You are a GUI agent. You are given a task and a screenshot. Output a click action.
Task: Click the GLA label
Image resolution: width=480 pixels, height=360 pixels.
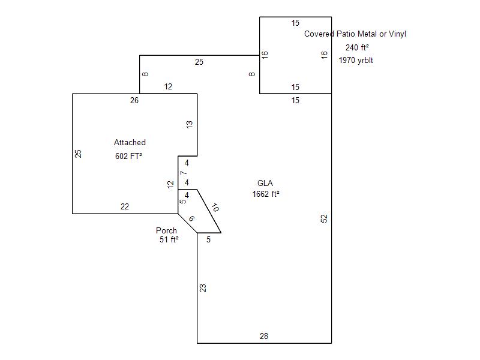pyautogui.click(x=265, y=183)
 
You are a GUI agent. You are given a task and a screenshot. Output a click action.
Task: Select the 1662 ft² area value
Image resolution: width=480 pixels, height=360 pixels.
pyautogui.click(x=266, y=194)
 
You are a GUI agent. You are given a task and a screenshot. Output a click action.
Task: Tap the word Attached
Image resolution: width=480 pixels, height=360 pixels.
pyautogui.click(x=130, y=142)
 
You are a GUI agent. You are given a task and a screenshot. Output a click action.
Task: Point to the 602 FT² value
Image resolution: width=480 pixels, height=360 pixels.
pyautogui.click(x=128, y=156)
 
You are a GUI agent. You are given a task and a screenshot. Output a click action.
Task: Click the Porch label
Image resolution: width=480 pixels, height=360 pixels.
pyautogui.click(x=166, y=230)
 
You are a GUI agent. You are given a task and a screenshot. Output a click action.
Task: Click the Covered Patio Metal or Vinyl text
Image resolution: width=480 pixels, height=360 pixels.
pyautogui.click(x=355, y=34)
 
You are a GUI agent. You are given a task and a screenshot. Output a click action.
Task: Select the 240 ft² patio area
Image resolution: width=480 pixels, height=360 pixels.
pyautogui.click(x=356, y=47)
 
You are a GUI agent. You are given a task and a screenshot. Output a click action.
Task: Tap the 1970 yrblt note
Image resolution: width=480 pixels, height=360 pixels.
pyautogui.click(x=356, y=60)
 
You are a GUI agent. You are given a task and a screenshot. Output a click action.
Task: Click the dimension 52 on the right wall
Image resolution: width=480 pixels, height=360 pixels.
pyautogui.click(x=325, y=218)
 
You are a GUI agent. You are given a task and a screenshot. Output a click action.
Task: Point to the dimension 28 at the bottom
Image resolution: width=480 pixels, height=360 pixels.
pyautogui.click(x=264, y=336)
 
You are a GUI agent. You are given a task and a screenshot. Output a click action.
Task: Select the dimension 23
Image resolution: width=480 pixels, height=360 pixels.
pyautogui.click(x=203, y=288)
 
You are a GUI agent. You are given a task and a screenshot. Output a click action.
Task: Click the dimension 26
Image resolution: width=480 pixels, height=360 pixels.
pyautogui.click(x=134, y=100)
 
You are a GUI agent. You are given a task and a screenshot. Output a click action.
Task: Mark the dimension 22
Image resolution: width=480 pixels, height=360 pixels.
pyautogui.click(x=124, y=206)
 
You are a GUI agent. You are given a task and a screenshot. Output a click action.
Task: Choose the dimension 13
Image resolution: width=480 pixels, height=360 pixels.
pyautogui.click(x=190, y=125)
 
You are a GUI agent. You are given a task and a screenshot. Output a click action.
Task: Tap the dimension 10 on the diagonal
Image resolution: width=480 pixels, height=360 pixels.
pyautogui.click(x=215, y=208)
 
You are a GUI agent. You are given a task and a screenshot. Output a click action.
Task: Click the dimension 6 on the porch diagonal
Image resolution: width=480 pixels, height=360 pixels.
pyautogui.click(x=191, y=218)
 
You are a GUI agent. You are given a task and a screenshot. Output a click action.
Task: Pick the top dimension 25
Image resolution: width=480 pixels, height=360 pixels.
pyautogui.click(x=199, y=62)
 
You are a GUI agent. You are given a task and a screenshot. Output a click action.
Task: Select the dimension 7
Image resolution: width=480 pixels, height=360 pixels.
pyautogui.click(x=184, y=173)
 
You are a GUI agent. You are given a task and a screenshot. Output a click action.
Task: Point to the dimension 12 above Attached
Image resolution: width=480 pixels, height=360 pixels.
pyautogui.click(x=168, y=86)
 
